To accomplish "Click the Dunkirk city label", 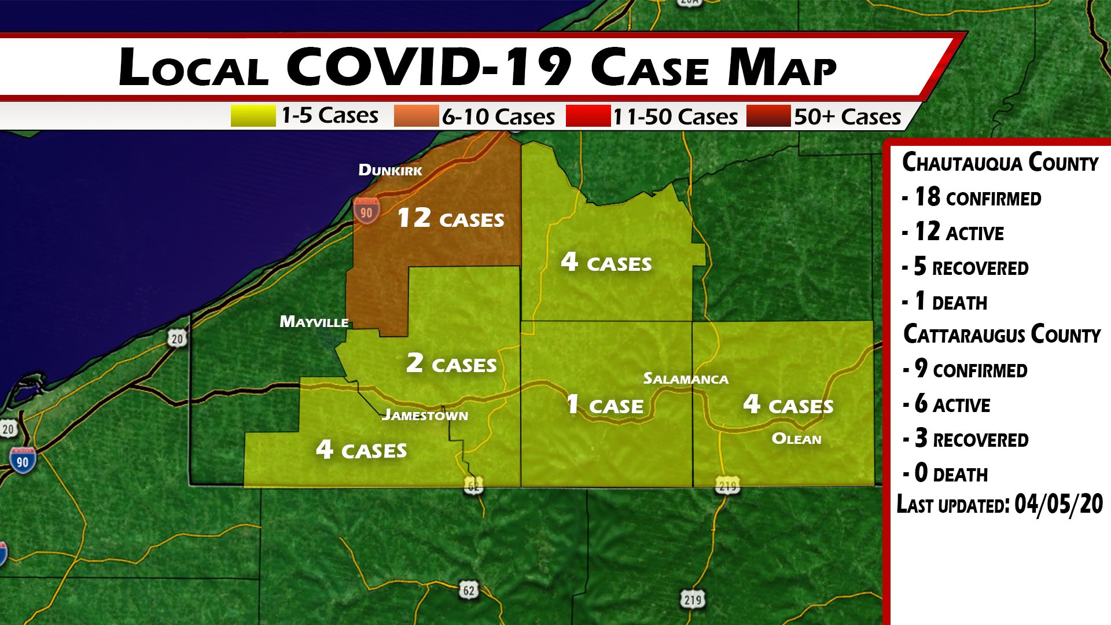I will [x=390, y=170].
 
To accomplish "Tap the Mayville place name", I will [x=314, y=322].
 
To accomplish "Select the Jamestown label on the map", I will [x=425, y=415].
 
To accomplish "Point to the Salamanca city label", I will [x=686, y=379].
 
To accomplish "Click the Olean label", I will [x=796, y=439].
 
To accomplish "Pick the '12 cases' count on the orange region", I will [x=451, y=218].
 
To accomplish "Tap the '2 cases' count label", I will [x=451, y=363].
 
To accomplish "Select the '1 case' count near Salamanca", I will [x=605, y=405].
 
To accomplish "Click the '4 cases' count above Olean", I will [x=788, y=405].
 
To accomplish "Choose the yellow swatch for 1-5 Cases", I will [x=253, y=116].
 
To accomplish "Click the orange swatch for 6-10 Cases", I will [x=416, y=116].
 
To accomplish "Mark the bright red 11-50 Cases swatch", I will [x=588, y=116].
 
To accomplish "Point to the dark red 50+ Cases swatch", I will [x=768, y=116].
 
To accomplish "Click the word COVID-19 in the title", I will [x=429, y=67].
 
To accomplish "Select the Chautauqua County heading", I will [x=1000, y=163].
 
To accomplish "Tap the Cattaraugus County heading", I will [x=1002, y=334].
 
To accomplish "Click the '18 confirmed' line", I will [x=978, y=197].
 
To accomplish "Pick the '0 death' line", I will [x=951, y=473].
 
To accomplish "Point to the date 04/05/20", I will [x=1058, y=504].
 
